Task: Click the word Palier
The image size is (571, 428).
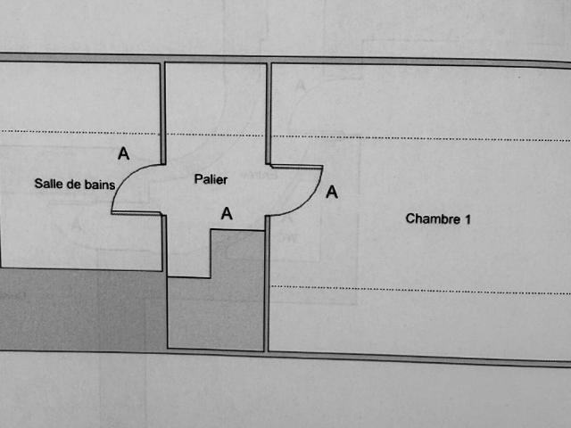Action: tap(211, 179)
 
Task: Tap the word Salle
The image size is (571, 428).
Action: tap(46, 183)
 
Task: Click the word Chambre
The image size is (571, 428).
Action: tap(433, 218)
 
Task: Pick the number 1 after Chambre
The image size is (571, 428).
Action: tap(468, 219)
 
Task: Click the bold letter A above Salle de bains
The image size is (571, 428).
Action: tap(123, 153)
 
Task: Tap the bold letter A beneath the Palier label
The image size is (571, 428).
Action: tap(227, 213)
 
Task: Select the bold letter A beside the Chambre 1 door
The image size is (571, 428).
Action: tap(332, 192)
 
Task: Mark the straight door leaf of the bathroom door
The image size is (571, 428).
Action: tap(137, 212)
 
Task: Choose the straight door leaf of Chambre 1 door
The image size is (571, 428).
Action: tap(296, 167)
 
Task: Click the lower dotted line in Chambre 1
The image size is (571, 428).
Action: tap(420, 290)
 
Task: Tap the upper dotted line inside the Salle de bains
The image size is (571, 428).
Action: tap(79, 132)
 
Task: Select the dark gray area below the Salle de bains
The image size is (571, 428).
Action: tap(82, 310)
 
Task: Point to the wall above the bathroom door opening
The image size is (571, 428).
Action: tap(162, 113)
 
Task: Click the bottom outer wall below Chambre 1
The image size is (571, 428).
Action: tap(418, 358)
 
